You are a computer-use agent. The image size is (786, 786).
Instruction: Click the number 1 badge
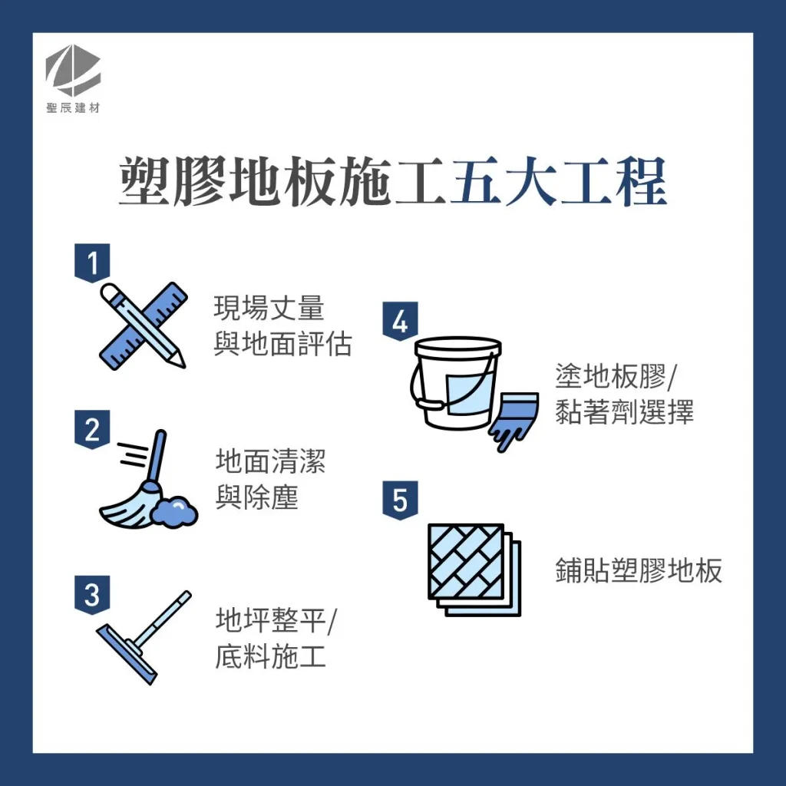pos(92,263)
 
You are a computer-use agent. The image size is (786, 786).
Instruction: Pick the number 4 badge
pos(400,321)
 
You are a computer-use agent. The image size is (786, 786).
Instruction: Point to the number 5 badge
pos(400,500)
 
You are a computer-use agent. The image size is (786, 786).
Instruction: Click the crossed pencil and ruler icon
pos(144,325)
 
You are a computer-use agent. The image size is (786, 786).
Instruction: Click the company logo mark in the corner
pos(73,74)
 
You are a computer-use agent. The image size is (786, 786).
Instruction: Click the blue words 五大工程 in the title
pos(557,183)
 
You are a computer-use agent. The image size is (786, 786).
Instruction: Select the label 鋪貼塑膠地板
pos(639,571)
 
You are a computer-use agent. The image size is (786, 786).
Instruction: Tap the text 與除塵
pos(256,498)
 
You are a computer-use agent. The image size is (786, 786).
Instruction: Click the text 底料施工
pos(270,657)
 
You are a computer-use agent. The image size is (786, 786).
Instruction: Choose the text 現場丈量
pos(269,309)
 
